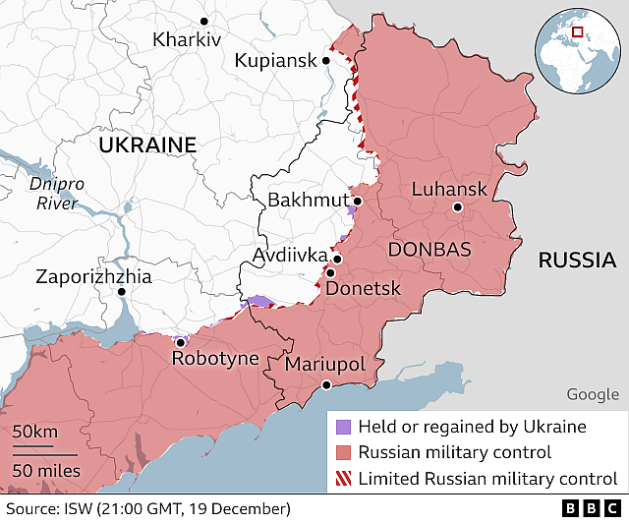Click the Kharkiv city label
(x=187, y=40)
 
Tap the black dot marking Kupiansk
(x=326, y=61)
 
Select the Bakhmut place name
(x=308, y=202)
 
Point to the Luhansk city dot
(x=457, y=207)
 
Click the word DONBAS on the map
(x=429, y=249)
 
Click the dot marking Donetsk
(x=331, y=273)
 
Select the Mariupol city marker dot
(x=326, y=385)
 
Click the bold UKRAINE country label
(x=147, y=145)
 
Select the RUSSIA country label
(x=577, y=261)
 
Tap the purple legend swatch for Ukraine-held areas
(x=342, y=427)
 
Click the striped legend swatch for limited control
(x=342, y=479)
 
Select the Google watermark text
(x=593, y=394)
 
